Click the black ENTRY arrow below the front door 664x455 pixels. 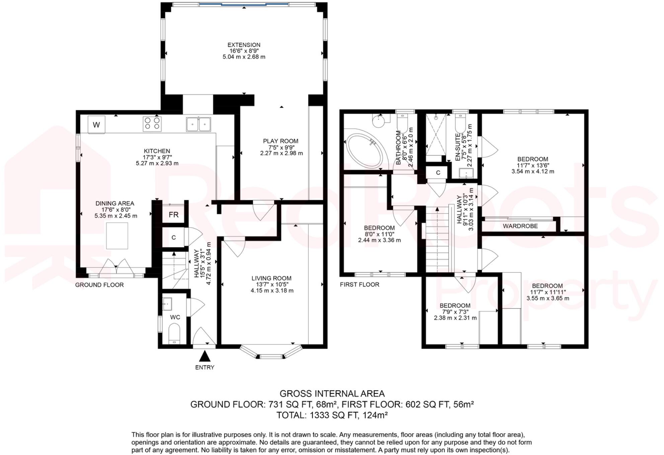click(204, 356)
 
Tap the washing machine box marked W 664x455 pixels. click(96, 125)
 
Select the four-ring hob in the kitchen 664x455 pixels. click(152, 123)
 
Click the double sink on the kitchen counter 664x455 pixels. click(198, 124)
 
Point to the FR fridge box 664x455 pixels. click(173, 214)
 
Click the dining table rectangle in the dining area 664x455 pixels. click(117, 236)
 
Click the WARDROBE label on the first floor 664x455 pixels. click(520, 226)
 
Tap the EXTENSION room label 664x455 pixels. click(244, 45)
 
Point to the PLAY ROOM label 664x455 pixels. click(280, 141)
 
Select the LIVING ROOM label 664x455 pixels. click(271, 278)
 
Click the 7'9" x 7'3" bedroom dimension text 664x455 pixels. click(455, 312)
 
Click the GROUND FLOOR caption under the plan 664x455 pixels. click(99, 285)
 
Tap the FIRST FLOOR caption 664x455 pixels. click(359, 285)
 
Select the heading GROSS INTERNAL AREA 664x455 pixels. click(332, 394)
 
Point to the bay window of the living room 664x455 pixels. click(271, 352)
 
